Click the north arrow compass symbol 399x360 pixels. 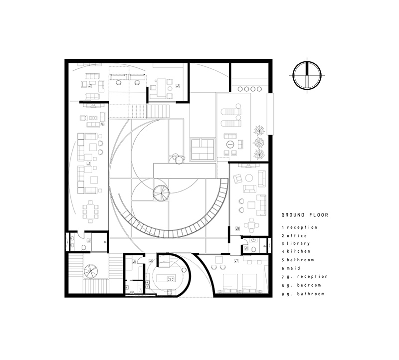point(308,75)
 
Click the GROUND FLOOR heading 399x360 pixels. point(305,216)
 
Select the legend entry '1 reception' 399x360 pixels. point(299,227)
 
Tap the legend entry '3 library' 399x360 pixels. point(296,243)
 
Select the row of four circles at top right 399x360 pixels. point(250,89)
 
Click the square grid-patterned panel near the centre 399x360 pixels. point(202,150)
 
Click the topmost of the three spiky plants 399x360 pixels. point(259,131)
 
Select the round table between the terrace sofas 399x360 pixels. point(230,144)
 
